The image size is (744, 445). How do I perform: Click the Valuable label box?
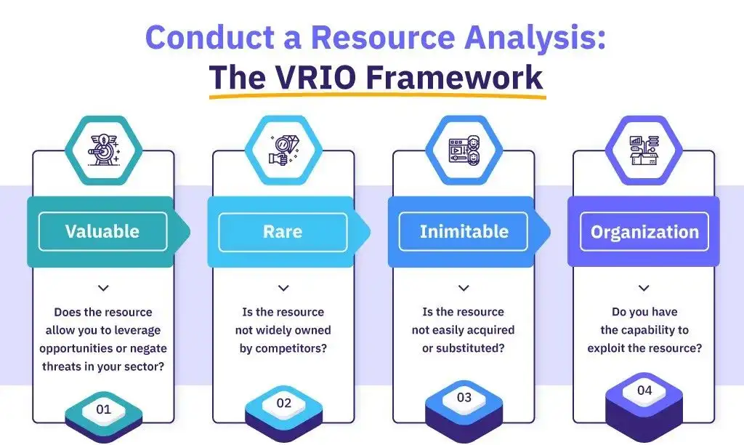click(x=102, y=231)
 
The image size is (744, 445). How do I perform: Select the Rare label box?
click(x=282, y=231)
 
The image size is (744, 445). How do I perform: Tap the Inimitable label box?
click(x=464, y=231)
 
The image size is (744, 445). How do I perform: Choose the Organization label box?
click(x=644, y=232)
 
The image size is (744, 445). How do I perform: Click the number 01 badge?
click(x=104, y=409)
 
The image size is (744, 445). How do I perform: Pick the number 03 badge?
click(x=464, y=397)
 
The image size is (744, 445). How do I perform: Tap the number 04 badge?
click(x=644, y=390)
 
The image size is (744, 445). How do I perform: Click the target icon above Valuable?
click(x=102, y=149)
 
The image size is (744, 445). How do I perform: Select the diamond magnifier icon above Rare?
click(x=283, y=149)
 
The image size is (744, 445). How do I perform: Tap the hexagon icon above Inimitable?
click(x=464, y=149)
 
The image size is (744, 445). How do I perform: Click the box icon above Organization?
click(x=644, y=149)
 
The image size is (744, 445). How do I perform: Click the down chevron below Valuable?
click(x=103, y=289)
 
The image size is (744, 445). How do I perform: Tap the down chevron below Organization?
click(x=644, y=289)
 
